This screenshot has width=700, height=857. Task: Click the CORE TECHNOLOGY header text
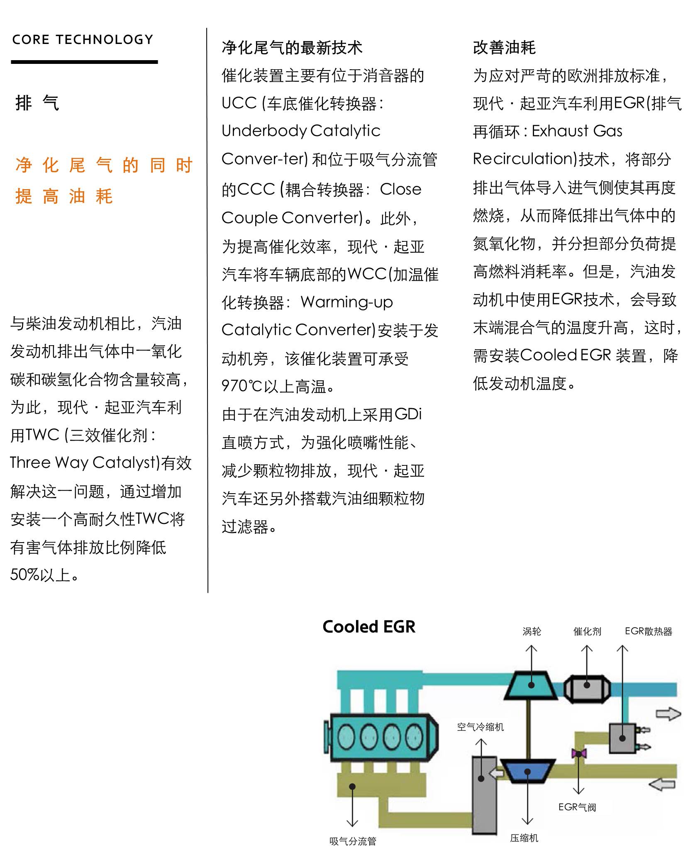[83, 40]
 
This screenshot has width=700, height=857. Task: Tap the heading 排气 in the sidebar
[37, 103]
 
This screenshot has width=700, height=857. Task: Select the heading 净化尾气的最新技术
[292, 48]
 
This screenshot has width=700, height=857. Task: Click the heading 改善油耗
[504, 48]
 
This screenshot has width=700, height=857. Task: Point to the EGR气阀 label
[577, 819]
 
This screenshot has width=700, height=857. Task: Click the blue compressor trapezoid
[527, 771]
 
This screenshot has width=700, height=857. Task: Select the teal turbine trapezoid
[532, 685]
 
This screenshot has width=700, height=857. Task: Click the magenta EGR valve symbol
[578, 753]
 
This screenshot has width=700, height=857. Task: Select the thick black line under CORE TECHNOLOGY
[84, 62]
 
